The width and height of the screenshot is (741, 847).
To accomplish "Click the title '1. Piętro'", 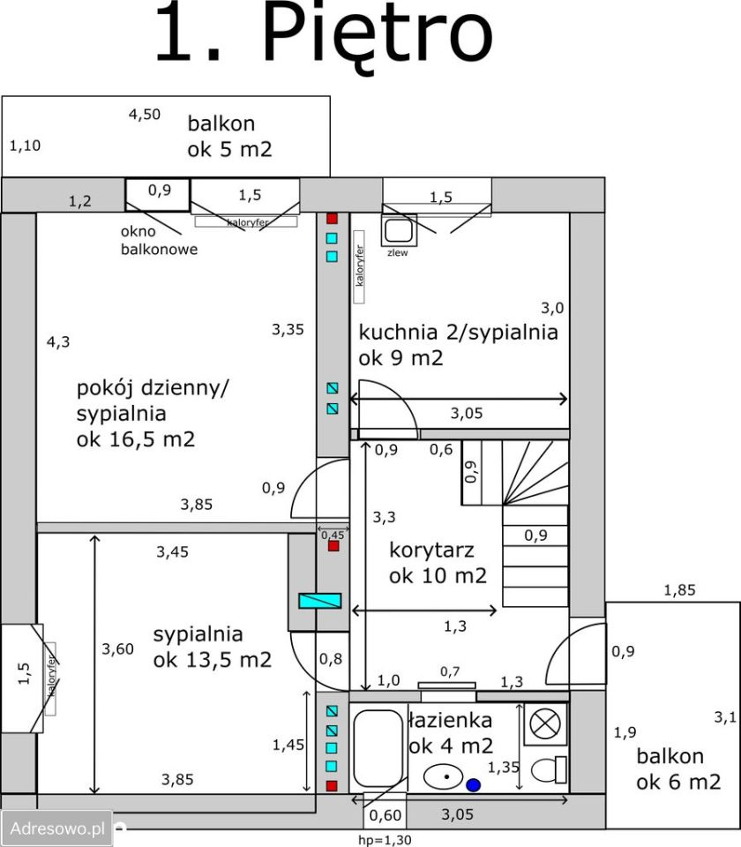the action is pyautogui.click(x=324, y=33).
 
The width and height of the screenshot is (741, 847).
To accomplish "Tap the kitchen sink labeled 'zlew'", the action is pyautogui.click(x=399, y=230).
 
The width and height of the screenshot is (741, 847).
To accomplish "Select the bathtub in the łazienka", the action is pyautogui.click(x=378, y=748).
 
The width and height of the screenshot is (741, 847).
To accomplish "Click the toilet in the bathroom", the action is pyautogui.click(x=548, y=769).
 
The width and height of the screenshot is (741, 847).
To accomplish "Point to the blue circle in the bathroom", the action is pyautogui.click(x=473, y=785).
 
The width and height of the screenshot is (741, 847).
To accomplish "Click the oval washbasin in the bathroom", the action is pyautogui.click(x=444, y=776).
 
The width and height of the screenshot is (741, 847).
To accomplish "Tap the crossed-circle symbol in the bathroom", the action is pyautogui.click(x=545, y=723).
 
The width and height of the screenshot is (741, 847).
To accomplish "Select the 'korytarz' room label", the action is pyautogui.click(x=431, y=550).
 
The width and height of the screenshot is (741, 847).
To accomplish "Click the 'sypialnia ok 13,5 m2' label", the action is pyautogui.click(x=213, y=647).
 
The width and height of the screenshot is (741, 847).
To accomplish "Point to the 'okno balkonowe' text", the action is pyautogui.click(x=159, y=240).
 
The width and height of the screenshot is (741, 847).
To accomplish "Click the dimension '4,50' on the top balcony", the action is pyautogui.click(x=144, y=115).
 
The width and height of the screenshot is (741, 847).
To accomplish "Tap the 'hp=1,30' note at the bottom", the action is pyautogui.click(x=385, y=840).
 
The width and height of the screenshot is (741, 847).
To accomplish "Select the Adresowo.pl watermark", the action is pyautogui.click(x=57, y=828).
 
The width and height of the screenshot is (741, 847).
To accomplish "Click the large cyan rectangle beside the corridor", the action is pyautogui.click(x=319, y=601).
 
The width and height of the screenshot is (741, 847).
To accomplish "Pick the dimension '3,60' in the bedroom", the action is pyautogui.click(x=117, y=648).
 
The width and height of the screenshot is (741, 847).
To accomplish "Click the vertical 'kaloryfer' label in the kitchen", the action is pyautogui.click(x=360, y=266).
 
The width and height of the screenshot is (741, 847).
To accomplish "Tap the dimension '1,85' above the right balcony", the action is pyautogui.click(x=679, y=590).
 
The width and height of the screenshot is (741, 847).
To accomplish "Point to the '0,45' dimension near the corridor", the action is pyautogui.click(x=333, y=536).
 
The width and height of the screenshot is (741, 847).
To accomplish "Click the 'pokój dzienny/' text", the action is pyautogui.click(x=153, y=388).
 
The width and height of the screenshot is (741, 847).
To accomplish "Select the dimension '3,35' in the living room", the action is pyautogui.click(x=288, y=329).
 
